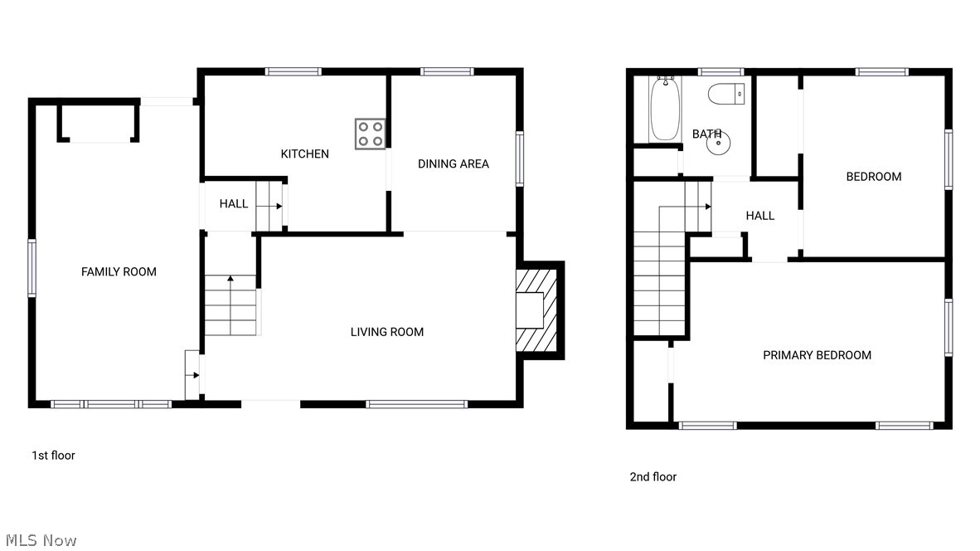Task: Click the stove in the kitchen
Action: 370,134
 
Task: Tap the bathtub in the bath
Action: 665,110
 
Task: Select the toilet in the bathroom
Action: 727,95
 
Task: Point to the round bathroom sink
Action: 718,144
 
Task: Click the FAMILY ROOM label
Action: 119,271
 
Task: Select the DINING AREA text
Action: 453,163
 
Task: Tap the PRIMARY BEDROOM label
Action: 817,355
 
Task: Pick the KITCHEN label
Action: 304,154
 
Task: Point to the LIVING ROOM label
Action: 386,332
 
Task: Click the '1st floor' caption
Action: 53,455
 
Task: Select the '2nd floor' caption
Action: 653,476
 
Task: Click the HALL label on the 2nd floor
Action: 759,216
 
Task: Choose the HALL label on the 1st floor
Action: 233,203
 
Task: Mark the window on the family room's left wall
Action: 32,268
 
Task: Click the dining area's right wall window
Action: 520,158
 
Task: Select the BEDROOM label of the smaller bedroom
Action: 873,176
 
